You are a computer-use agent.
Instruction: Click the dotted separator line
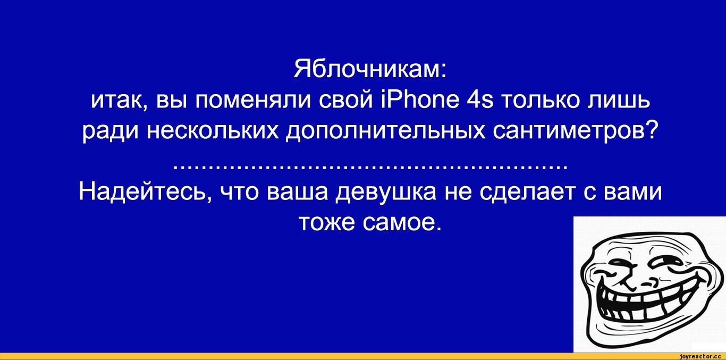click(x=370, y=168)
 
